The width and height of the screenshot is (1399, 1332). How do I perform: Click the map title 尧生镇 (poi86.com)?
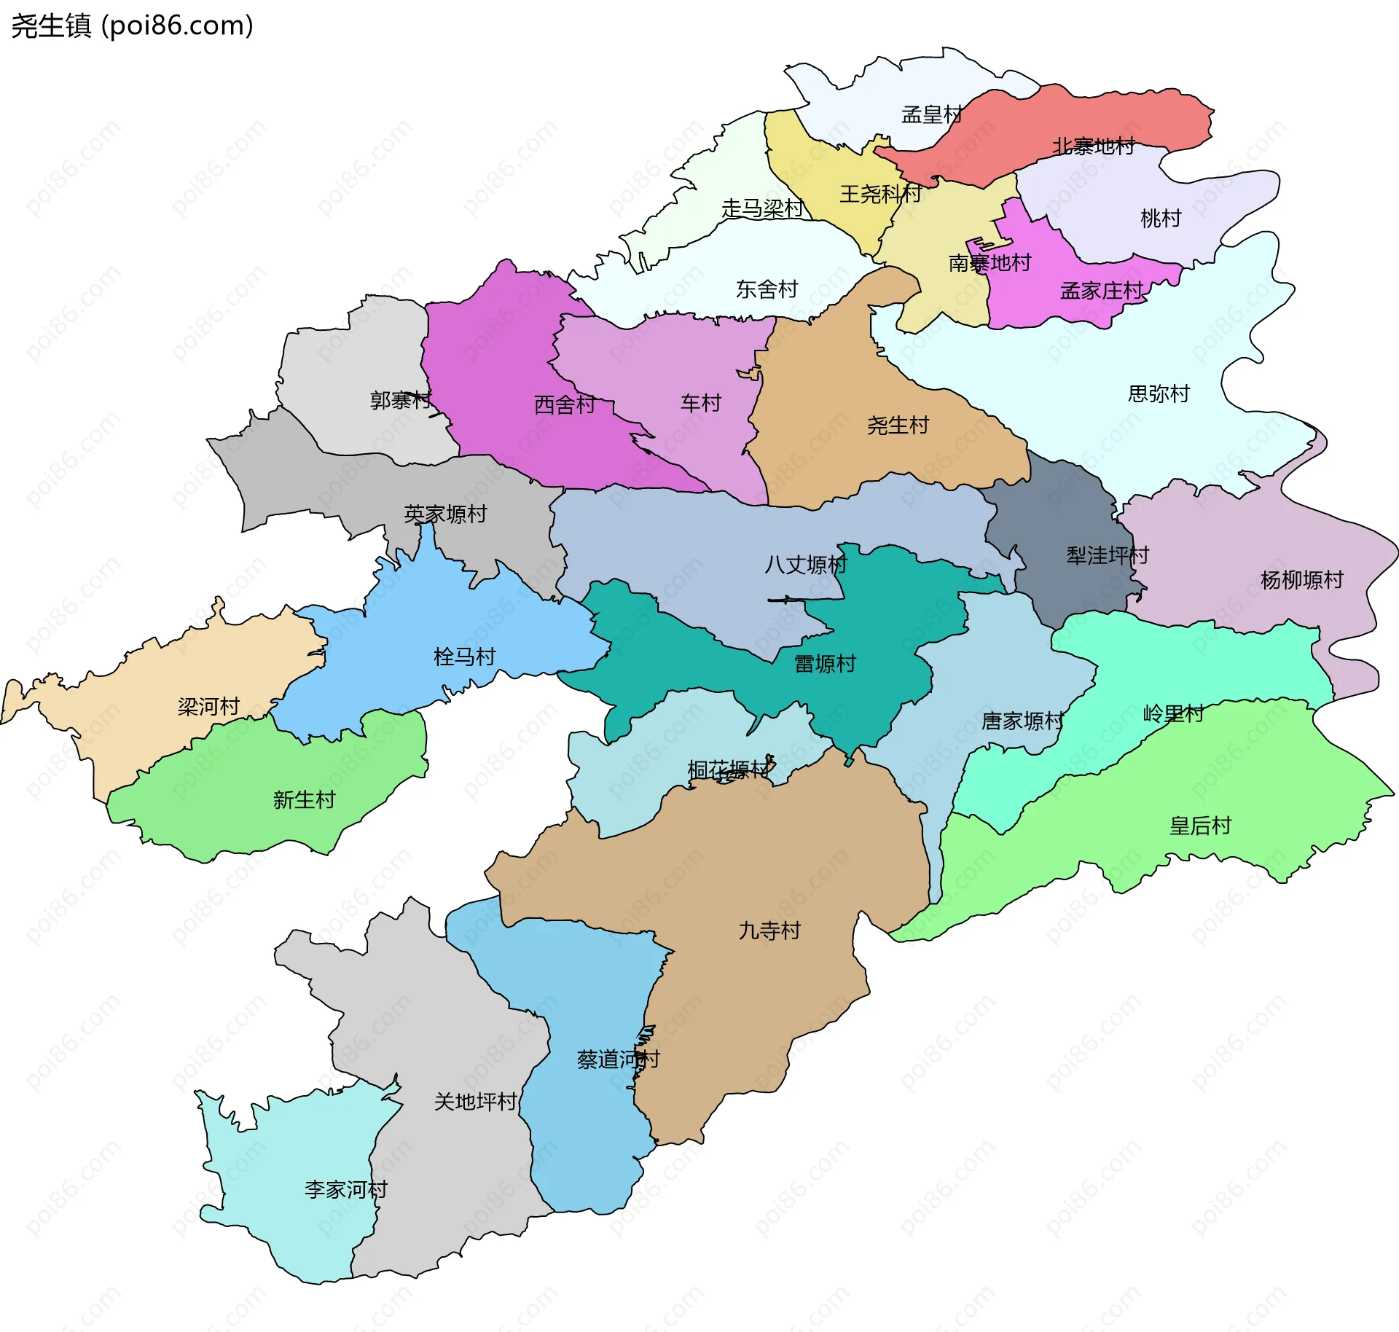point(132,26)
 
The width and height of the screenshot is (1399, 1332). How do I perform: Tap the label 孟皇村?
point(932,114)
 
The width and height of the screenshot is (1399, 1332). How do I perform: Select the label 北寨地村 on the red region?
point(1093,146)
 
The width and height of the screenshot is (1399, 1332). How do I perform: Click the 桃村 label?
point(1160,218)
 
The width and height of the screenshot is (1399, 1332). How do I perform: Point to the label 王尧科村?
point(880,194)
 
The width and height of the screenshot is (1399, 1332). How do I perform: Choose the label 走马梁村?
point(761,209)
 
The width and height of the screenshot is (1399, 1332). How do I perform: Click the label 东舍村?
point(767,289)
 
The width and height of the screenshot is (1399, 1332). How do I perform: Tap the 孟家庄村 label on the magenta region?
point(1101,291)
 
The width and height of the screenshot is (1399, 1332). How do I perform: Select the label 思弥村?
point(1159,393)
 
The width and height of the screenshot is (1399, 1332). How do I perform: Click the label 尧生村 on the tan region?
point(898,425)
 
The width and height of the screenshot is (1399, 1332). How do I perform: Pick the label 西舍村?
point(565,404)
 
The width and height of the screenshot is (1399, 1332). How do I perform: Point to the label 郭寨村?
point(400,400)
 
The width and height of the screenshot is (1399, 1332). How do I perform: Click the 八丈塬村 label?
point(805,565)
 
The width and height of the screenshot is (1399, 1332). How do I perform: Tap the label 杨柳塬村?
point(1301,580)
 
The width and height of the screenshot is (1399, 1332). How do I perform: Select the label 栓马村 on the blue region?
point(464,657)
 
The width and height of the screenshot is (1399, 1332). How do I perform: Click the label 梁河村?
point(208,706)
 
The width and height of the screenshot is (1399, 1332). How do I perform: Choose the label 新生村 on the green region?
point(304,799)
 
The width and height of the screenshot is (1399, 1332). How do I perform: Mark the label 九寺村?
point(769,931)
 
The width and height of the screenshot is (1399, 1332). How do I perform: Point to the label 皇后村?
point(1200,826)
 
